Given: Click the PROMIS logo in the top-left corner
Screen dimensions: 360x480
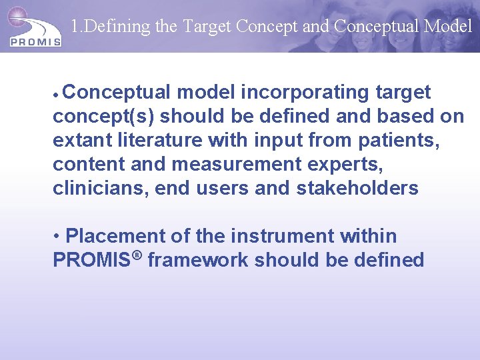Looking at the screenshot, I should (35, 28).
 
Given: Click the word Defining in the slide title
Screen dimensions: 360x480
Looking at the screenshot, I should (110, 26).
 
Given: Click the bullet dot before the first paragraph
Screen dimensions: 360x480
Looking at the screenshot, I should (57, 93).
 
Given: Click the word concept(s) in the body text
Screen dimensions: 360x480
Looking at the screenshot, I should (103, 116).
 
